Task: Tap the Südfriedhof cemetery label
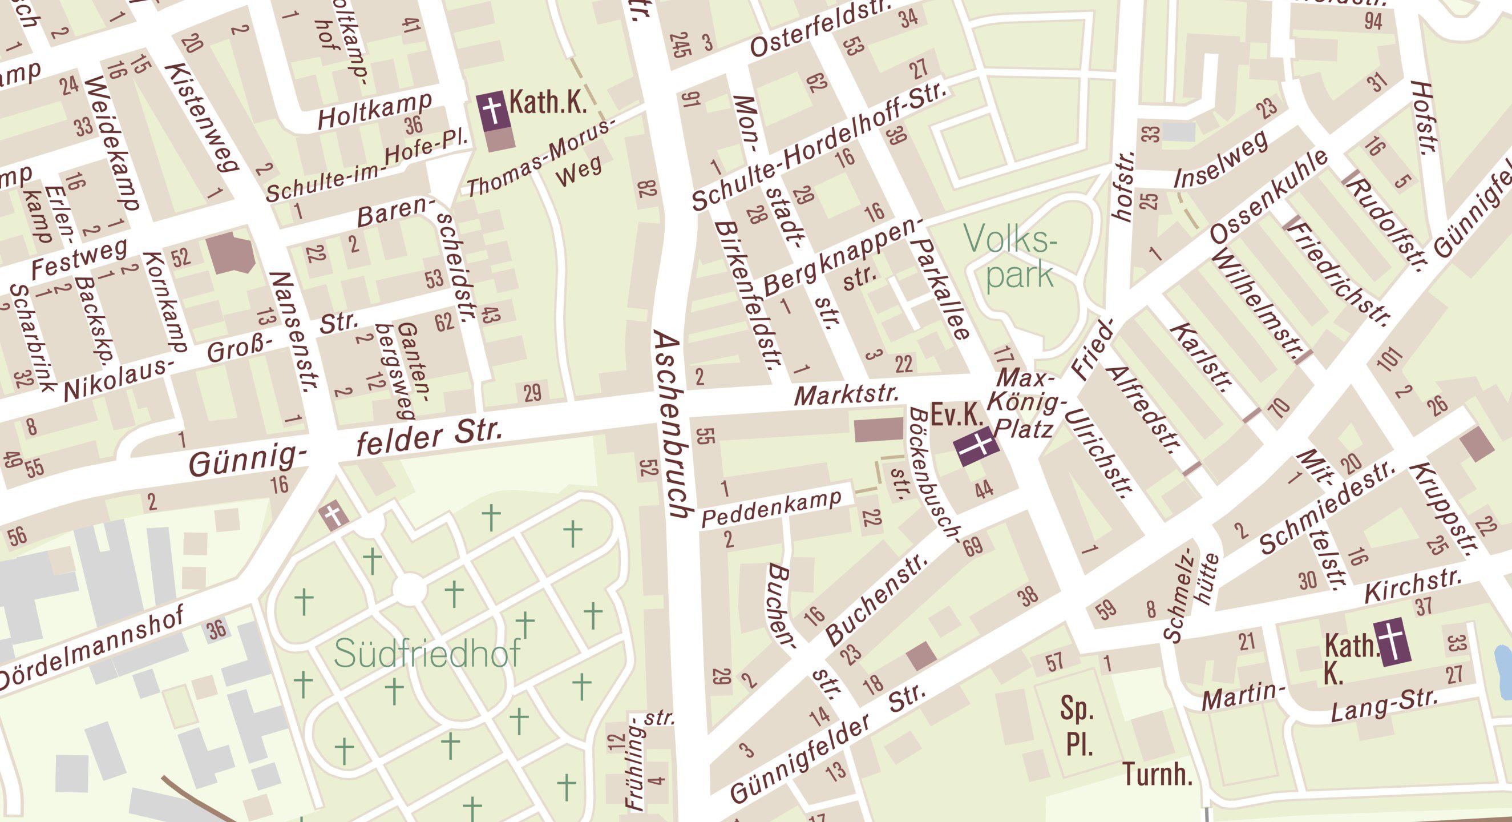click(x=427, y=654)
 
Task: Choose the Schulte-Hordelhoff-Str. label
click(x=819, y=147)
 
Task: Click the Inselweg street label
click(x=1220, y=159)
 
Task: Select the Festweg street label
click(x=79, y=259)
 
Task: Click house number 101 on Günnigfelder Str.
click(x=1389, y=358)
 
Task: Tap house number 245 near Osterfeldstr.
click(x=680, y=45)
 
